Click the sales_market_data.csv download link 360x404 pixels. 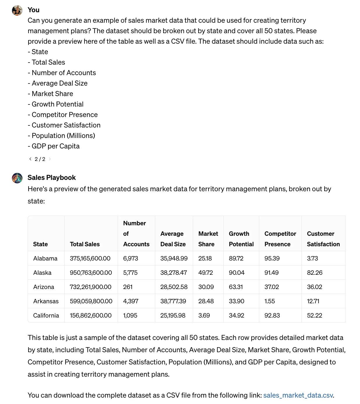(298, 395)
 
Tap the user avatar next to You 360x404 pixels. (17, 10)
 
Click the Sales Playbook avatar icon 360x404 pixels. (17, 178)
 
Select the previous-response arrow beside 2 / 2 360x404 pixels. (30, 159)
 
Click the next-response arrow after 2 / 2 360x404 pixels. (50, 159)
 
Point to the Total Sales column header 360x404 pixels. (85, 244)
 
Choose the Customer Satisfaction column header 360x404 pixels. (323, 239)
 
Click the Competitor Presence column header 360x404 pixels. (280, 239)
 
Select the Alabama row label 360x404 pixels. (45, 258)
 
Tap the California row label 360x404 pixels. (46, 316)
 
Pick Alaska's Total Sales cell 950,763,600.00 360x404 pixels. (91, 273)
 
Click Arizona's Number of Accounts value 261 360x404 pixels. (128, 287)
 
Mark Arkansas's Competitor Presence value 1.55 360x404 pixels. (270, 301)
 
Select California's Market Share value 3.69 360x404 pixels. (204, 316)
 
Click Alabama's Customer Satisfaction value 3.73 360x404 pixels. (313, 258)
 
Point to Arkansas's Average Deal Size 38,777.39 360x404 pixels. (173, 301)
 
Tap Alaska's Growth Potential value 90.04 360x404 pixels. (237, 273)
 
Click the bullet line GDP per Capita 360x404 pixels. (55, 146)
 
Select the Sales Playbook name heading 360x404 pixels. (52, 178)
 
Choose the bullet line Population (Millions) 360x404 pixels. (63, 136)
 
